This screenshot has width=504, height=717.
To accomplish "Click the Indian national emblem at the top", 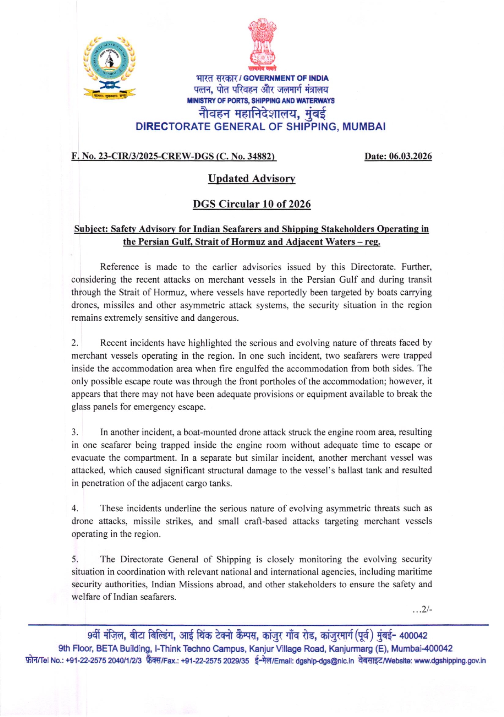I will [262, 43].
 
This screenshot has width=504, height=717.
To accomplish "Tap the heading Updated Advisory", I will [252, 179].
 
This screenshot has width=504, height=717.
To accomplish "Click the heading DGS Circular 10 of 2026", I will [252, 204].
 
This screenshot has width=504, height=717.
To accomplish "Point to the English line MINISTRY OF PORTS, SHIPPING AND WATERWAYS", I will [261, 101].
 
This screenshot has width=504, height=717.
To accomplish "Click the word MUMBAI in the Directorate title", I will [364, 127].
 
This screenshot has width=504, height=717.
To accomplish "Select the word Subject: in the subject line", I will [91, 229].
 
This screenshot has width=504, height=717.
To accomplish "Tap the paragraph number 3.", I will [75, 432].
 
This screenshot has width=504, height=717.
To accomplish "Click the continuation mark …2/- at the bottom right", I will [422, 610].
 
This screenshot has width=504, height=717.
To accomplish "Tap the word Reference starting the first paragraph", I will [119, 267].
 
